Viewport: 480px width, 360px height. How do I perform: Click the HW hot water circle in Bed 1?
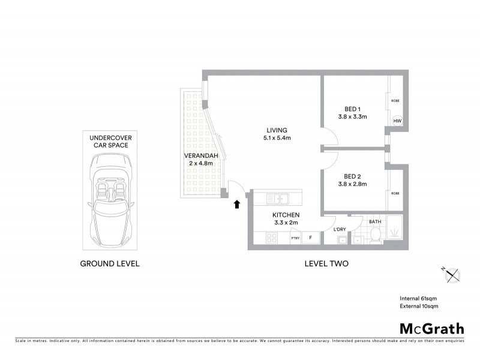[397, 121]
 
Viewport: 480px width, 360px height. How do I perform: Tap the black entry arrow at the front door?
[236, 205]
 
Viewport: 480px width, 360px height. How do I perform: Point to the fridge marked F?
[310, 238]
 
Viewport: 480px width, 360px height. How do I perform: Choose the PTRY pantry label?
[295, 238]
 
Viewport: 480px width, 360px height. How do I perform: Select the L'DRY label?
[339, 229]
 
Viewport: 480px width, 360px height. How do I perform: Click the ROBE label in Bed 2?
[395, 193]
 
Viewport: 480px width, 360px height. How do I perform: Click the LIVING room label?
[278, 130]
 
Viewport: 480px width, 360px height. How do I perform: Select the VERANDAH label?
[200, 157]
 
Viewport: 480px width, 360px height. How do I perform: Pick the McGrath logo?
[431, 328]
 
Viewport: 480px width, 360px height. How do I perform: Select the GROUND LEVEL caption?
[110, 263]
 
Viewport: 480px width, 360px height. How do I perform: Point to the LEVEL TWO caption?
[327, 263]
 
